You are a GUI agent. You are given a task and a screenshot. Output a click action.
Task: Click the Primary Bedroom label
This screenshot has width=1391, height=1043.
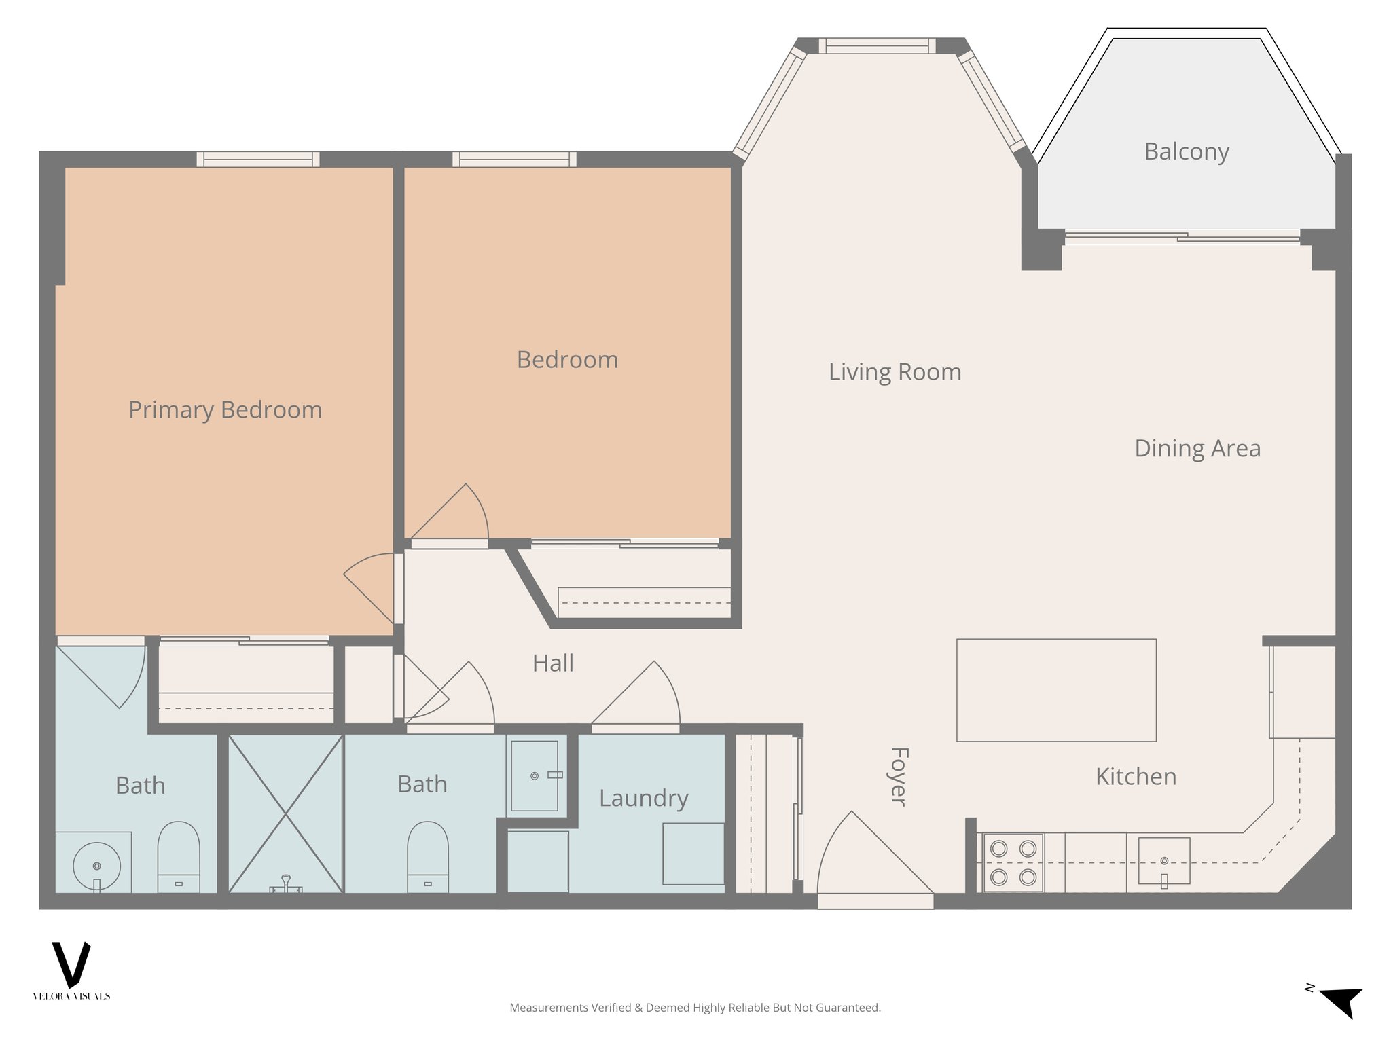(225, 410)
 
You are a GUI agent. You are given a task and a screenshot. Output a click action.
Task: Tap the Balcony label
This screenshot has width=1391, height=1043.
(1186, 151)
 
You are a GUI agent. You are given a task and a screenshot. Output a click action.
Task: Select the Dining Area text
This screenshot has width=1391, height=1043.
(1197, 448)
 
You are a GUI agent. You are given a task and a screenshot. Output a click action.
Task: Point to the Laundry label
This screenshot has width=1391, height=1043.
(643, 798)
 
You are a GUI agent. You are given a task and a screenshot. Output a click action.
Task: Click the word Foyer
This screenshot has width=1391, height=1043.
(899, 777)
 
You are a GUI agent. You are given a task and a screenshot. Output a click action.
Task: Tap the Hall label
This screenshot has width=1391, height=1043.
(553, 663)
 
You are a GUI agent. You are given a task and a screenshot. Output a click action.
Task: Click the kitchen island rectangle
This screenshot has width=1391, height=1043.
(1056, 690)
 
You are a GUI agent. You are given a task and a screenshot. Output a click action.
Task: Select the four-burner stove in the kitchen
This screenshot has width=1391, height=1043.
(1013, 862)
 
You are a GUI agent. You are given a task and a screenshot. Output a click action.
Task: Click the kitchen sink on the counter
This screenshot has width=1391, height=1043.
(1164, 861)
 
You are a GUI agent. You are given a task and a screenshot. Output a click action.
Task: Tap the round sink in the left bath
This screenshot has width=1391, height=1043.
(96, 866)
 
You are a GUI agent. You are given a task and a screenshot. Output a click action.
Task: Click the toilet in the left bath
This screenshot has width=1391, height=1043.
(179, 857)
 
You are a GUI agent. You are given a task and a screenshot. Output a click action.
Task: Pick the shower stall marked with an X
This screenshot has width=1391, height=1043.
(285, 813)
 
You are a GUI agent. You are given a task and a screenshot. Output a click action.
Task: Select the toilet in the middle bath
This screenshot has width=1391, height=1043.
(427, 857)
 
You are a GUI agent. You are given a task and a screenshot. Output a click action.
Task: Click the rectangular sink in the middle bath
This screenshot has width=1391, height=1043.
(535, 775)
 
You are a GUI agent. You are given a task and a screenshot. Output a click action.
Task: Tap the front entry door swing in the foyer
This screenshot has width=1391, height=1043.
(869, 859)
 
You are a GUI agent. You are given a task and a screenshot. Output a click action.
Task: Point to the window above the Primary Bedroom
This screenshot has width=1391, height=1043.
(258, 160)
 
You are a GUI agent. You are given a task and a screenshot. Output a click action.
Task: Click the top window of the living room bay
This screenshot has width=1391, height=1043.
(877, 46)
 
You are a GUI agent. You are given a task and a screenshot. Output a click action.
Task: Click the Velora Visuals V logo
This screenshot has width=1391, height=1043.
(71, 964)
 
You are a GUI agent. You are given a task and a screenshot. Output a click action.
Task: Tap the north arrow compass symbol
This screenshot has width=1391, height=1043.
(1341, 1001)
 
